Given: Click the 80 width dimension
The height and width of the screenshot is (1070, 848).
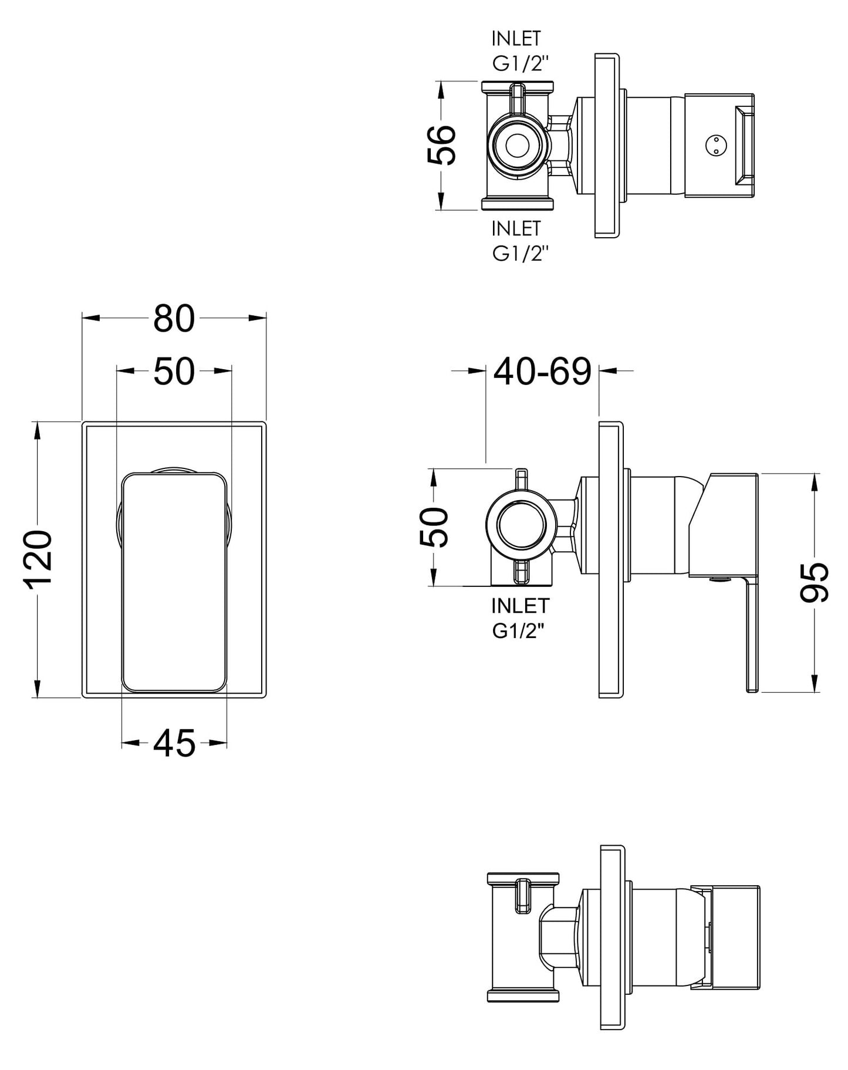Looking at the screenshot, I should click(x=174, y=319).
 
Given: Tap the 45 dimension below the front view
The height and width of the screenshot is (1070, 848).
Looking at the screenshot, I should click(x=174, y=744).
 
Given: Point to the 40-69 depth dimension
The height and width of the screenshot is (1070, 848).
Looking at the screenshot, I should click(x=542, y=371).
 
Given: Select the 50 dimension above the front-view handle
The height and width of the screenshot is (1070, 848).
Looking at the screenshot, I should click(x=174, y=372).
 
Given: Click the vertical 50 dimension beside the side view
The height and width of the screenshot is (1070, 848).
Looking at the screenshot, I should click(x=435, y=526).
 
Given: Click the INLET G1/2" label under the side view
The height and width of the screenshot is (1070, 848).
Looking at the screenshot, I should click(x=520, y=617).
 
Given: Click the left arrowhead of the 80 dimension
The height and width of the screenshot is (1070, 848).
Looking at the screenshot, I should click(x=89, y=318).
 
